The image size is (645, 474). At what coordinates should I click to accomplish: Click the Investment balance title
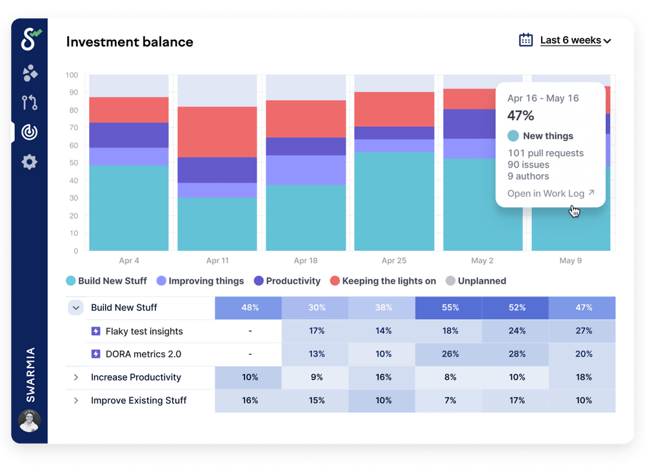pyautogui.click(x=130, y=42)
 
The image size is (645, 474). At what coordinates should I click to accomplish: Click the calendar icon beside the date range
pyautogui.click(x=526, y=40)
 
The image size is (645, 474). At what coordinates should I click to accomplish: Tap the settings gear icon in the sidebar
pyautogui.click(x=30, y=162)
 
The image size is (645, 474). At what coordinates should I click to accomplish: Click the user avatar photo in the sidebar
pyautogui.click(x=30, y=420)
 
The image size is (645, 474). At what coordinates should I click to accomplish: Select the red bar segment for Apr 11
pyautogui.click(x=217, y=132)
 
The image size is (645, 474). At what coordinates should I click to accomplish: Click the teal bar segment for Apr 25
pyautogui.click(x=394, y=201)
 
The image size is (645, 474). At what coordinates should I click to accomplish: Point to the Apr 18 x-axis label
pyautogui.click(x=305, y=261)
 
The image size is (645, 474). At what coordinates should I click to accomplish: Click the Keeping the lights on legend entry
pyautogui.click(x=383, y=281)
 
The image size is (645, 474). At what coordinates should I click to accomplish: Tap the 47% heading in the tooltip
pyautogui.click(x=521, y=116)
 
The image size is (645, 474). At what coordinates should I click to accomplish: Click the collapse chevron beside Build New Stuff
pyautogui.click(x=76, y=308)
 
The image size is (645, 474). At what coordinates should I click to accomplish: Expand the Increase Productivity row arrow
pyautogui.click(x=76, y=377)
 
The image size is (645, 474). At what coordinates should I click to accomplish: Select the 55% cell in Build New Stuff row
pyautogui.click(x=450, y=308)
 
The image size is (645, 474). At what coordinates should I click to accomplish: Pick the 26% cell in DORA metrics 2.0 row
pyautogui.click(x=450, y=354)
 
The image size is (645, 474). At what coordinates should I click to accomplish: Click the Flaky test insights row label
pyautogui.click(x=144, y=331)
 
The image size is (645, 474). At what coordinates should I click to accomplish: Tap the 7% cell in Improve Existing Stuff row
pyautogui.click(x=450, y=400)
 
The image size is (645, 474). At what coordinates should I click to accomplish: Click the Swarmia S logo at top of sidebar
pyautogui.click(x=30, y=39)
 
